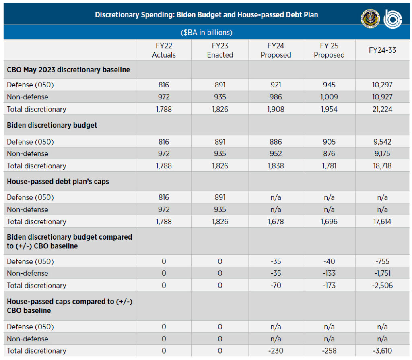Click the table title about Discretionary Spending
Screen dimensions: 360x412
tap(206, 15)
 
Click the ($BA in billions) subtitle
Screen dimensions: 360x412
tap(206, 32)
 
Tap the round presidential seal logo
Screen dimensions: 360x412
tap(370, 19)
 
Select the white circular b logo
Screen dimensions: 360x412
tap(393, 19)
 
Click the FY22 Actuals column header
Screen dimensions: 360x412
tap(164, 50)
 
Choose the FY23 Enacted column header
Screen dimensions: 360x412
tap(220, 50)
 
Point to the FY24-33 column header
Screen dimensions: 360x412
tap(382, 50)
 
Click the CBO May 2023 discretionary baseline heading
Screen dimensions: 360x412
tap(68, 70)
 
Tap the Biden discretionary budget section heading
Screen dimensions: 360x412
tap(52, 125)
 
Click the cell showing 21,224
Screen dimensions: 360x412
tap(382, 109)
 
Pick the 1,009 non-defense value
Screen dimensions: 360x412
tap(329, 97)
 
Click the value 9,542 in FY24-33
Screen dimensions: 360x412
tap(382, 142)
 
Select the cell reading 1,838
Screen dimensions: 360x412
tap(276, 166)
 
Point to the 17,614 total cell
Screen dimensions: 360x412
tap(382, 222)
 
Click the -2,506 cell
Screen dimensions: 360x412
tap(382, 286)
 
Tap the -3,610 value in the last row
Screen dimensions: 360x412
tap(382, 351)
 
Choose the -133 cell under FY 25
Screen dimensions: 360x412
tap(329, 273)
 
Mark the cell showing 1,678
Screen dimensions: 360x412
tap(276, 222)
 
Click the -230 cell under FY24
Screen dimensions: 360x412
tap(276, 351)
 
